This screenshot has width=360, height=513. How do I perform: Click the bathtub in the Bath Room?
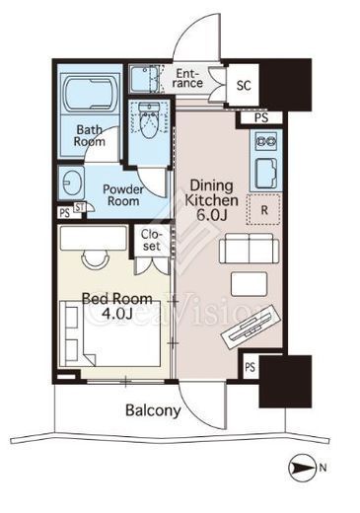point(92,93)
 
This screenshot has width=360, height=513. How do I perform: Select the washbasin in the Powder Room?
point(71,183)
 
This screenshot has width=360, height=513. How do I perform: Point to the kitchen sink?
point(266,173)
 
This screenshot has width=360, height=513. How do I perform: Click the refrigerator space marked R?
point(264,209)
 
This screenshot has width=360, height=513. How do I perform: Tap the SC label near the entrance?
point(244,86)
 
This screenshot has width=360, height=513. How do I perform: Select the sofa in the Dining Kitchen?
point(249,249)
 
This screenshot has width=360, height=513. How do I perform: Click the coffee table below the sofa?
point(249,284)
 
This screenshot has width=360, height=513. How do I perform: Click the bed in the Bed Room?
point(109,333)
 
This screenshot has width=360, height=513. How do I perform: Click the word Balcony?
point(153,410)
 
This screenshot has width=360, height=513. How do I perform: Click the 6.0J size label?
point(212,215)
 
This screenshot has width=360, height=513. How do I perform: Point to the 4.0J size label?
point(117,314)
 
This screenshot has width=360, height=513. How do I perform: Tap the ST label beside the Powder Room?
point(80,207)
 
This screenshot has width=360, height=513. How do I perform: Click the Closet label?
point(152,240)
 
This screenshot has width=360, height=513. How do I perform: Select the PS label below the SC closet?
point(261,117)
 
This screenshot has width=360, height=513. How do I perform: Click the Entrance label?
point(187,78)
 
